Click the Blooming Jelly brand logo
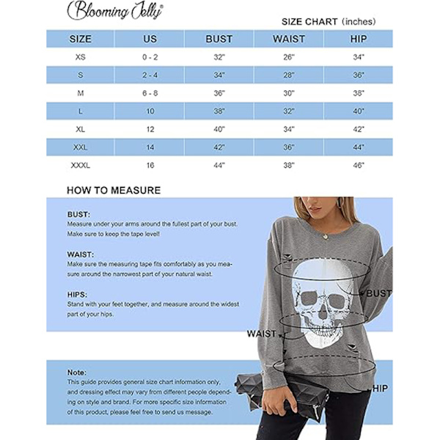115,10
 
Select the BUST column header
219,39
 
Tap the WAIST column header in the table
288,39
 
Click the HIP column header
359,39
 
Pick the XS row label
80,56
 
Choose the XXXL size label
80,166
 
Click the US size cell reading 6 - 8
150,93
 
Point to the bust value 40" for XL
219,129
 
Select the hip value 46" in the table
359,166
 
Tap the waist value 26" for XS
288,56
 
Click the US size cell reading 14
150,147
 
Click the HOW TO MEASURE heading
114,191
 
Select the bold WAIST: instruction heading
80,254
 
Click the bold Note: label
77,373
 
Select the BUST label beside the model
378,293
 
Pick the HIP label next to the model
380,389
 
